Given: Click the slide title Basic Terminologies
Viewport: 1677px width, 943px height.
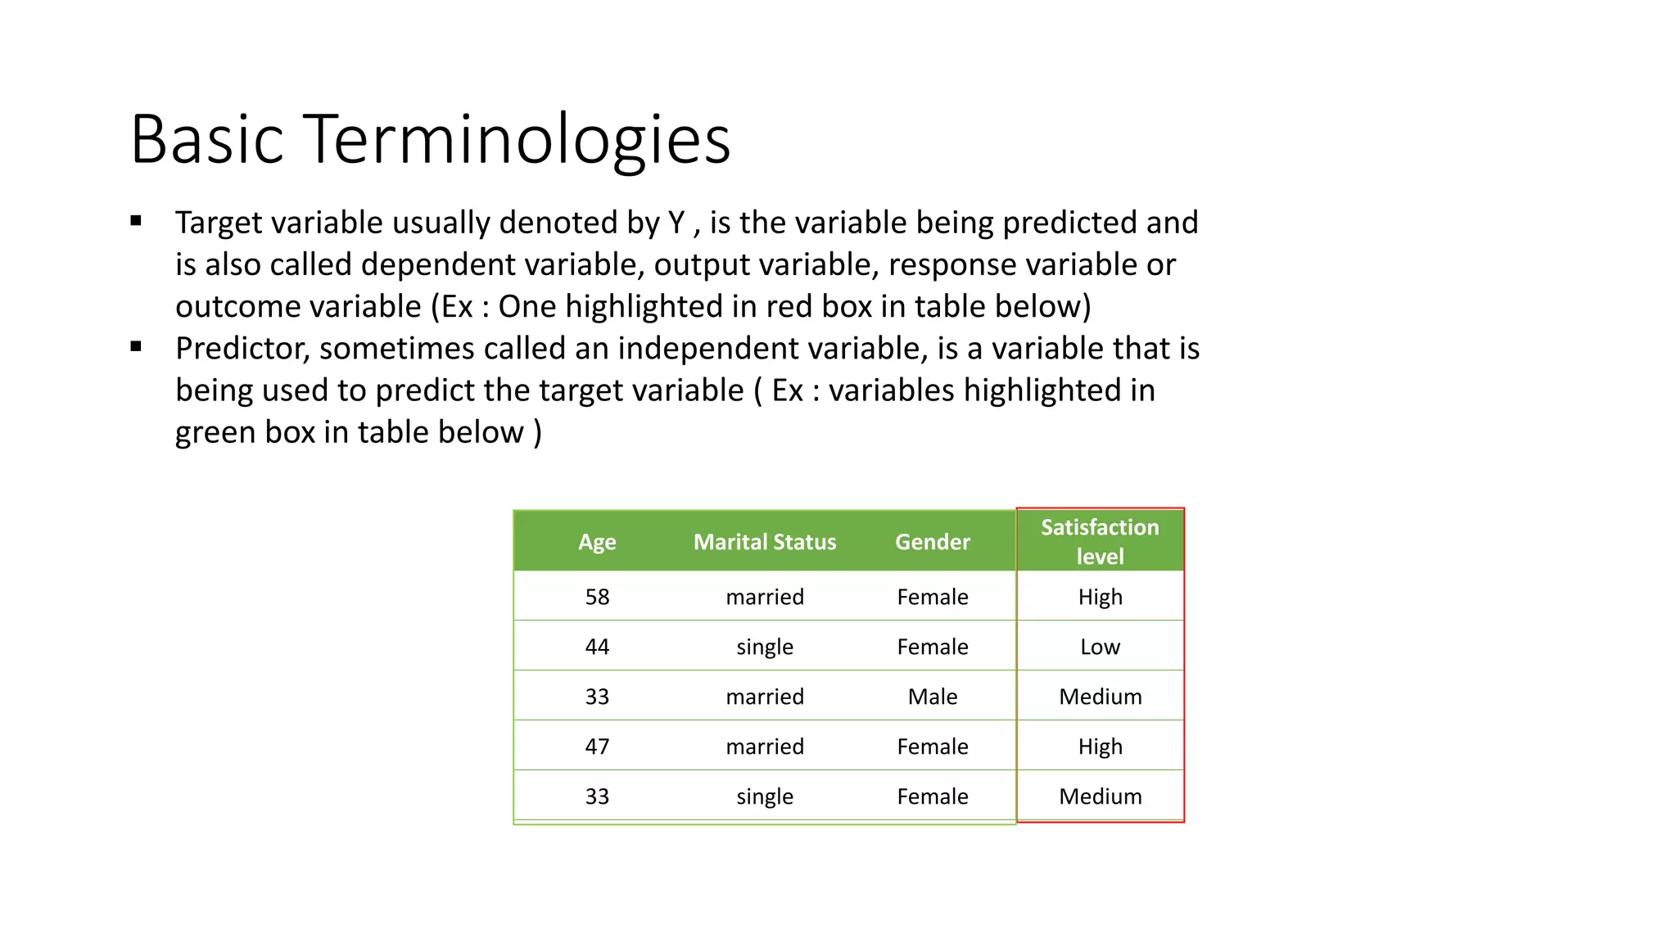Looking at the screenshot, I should [430, 139].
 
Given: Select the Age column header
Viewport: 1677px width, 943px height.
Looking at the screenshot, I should [597, 542].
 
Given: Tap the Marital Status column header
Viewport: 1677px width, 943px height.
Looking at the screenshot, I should [765, 542].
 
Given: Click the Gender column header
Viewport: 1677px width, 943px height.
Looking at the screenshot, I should [932, 542].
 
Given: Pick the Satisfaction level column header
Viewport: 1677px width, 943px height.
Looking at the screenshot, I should [1100, 541].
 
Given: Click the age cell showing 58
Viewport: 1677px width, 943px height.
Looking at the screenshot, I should [597, 597].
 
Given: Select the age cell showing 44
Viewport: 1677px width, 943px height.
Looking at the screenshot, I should [597, 647].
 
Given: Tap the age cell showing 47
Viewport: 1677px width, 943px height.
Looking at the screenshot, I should [597, 747].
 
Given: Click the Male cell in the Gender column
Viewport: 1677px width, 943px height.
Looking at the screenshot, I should [932, 697].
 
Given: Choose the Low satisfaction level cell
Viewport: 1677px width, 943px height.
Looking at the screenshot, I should [1100, 647].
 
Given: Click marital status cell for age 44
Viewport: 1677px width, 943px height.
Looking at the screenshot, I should [765, 647].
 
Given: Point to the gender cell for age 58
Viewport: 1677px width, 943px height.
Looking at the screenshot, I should [932, 597].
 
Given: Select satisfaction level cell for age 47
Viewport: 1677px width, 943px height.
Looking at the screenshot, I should [1100, 747].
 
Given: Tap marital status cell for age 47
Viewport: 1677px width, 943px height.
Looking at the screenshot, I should [765, 747].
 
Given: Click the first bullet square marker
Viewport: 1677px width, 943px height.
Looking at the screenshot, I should [136, 220].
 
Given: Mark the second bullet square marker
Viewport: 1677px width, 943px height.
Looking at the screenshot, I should [136, 346].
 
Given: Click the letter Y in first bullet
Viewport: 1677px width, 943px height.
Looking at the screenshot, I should [676, 223].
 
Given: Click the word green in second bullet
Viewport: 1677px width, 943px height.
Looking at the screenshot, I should [204, 433].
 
